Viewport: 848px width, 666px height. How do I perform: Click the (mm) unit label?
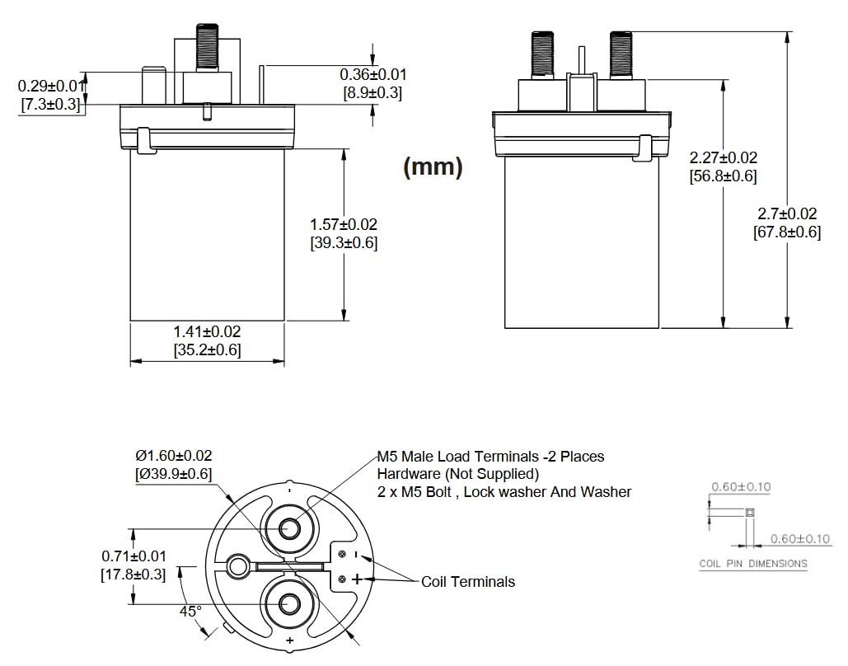click(433, 167)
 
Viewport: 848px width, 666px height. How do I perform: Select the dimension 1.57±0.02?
click(343, 224)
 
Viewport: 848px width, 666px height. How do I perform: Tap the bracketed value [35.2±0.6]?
click(207, 349)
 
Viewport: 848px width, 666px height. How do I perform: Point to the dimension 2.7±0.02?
click(787, 213)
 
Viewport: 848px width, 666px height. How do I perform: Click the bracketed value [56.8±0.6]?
click(723, 176)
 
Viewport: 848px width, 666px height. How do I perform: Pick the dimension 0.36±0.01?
click(373, 74)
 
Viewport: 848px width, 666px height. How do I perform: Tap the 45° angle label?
click(190, 612)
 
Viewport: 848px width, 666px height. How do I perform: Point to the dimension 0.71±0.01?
click(134, 556)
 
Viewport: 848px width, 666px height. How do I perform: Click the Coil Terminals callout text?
click(468, 582)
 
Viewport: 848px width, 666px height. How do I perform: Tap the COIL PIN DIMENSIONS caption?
click(753, 564)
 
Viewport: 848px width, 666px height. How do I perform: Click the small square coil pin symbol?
click(749, 513)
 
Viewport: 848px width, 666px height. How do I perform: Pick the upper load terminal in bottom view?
click(289, 528)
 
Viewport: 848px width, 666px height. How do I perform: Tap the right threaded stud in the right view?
click(621, 53)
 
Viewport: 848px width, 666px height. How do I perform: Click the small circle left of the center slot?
click(238, 565)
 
